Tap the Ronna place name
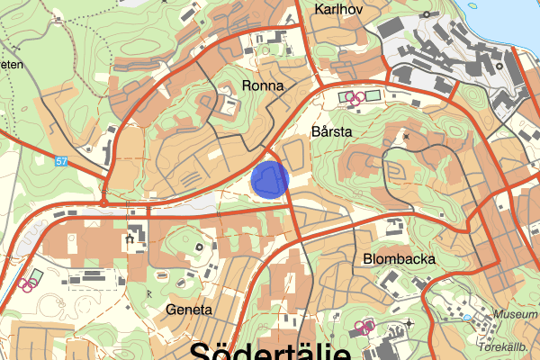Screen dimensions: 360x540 (x=263, y=86)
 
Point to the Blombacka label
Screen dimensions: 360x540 (x=400, y=259)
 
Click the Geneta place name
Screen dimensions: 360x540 (x=190, y=309)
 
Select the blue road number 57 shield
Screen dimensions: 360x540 (x=60, y=161)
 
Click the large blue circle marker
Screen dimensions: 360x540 (x=269, y=179)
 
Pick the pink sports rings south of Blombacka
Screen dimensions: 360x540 (x=364, y=328)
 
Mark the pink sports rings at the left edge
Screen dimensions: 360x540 (x=27, y=283)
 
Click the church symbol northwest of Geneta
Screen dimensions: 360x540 (x=131, y=239)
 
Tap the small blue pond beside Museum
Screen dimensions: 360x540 (x=466, y=317)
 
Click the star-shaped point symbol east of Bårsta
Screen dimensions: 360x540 (x=406, y=137)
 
